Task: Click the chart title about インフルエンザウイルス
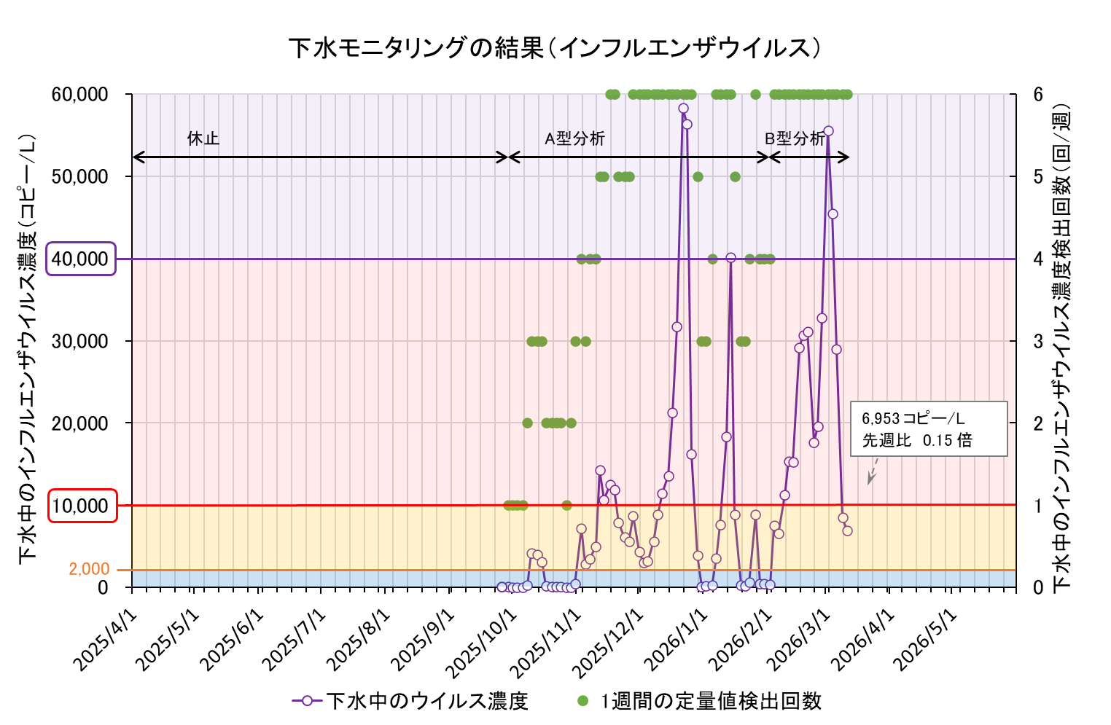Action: coord(555,48)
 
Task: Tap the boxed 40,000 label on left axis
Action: coord(81,259)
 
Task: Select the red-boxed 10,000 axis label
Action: coord(82,506)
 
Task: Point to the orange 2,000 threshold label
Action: coord(89,569)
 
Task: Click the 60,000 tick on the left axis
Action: coord(80,95)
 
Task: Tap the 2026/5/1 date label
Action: coord(926,639)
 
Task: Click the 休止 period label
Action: coord(203,138)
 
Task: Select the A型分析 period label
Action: coord(574,138)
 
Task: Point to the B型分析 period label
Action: coord(795,138)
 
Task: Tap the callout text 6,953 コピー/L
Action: coord(913,419)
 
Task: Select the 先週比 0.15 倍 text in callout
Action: coord(917,440)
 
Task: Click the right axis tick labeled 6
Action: coord(1037,95)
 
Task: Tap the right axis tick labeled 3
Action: coord(1037,341)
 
